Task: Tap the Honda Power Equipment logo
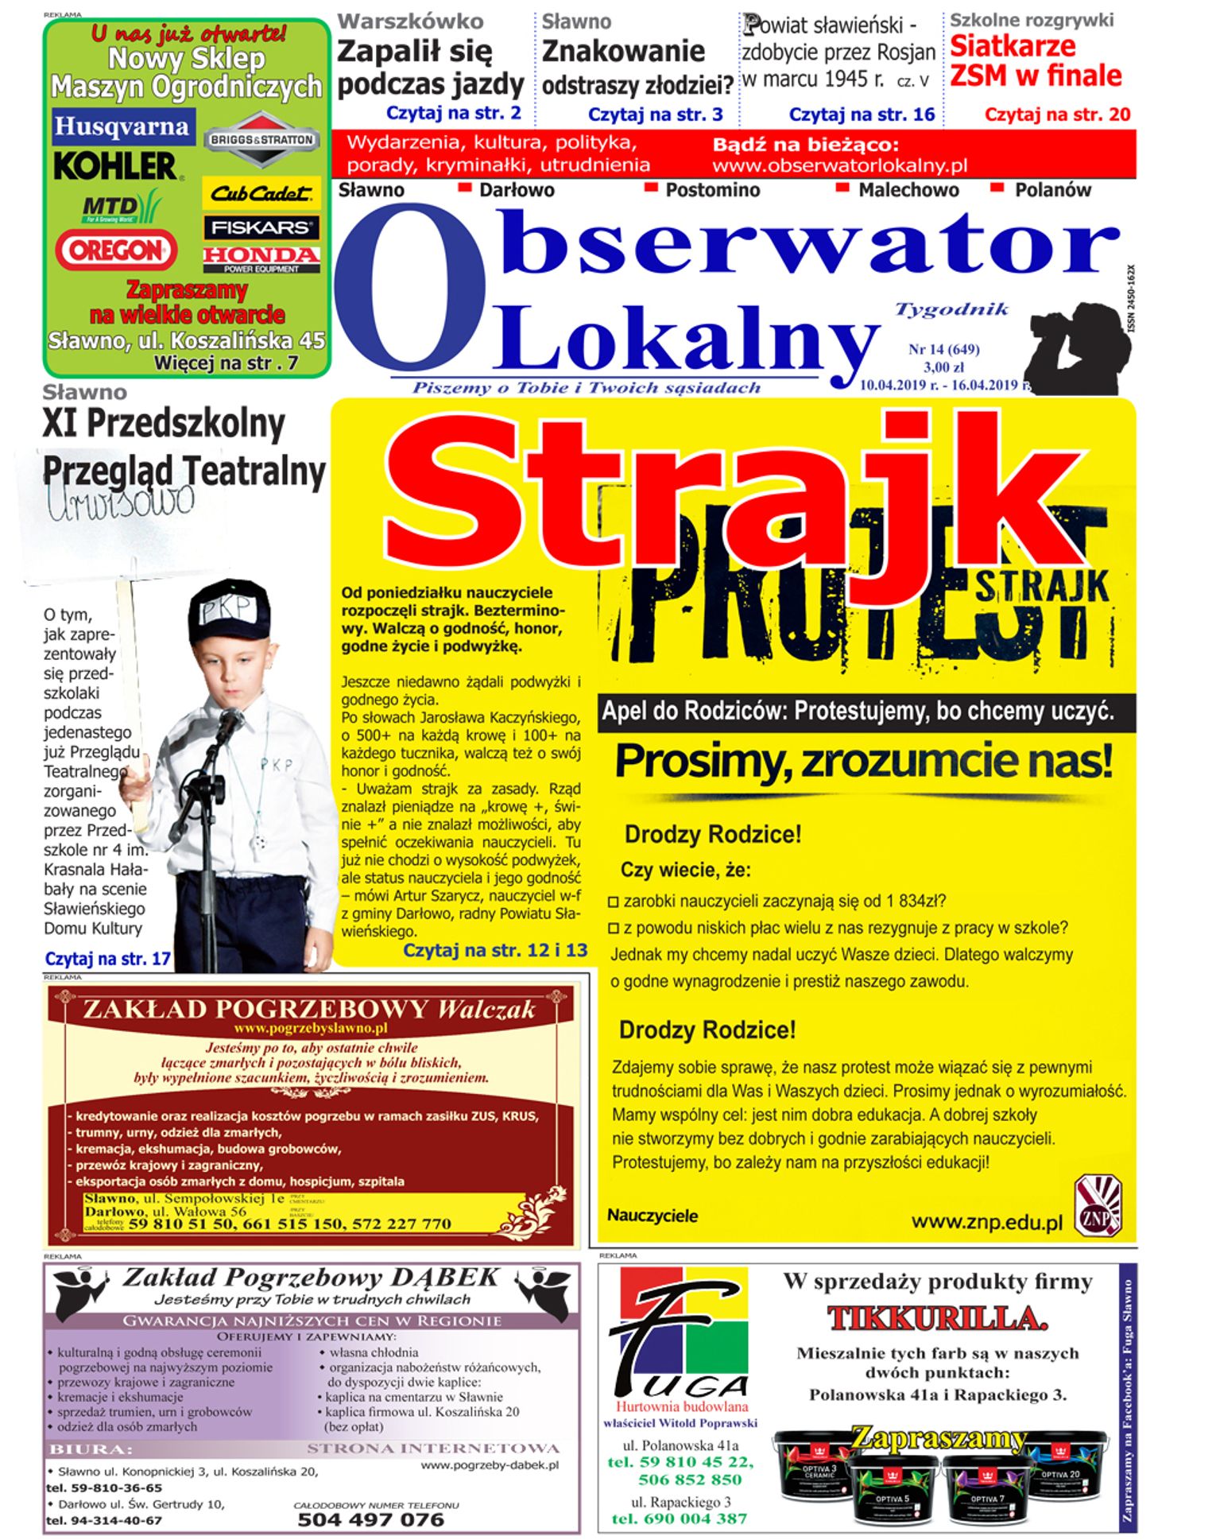[x=261, y=258]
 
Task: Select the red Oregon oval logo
[x=116, y=250]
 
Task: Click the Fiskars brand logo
[x=261, y=227]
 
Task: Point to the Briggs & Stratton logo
[x=261, y=140]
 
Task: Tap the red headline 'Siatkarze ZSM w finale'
[x=1036, y=61]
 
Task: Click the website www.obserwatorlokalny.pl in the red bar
[x=839, y=166]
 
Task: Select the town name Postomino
[x=712, y=190]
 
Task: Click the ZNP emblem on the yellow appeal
[x=1098, y=1206]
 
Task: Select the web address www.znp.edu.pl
[x=986, y=1222]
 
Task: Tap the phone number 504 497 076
[x=370, y=1519]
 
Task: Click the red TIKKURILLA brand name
[x=937, y=1319]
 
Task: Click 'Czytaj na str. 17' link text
[x=107, y=959]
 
